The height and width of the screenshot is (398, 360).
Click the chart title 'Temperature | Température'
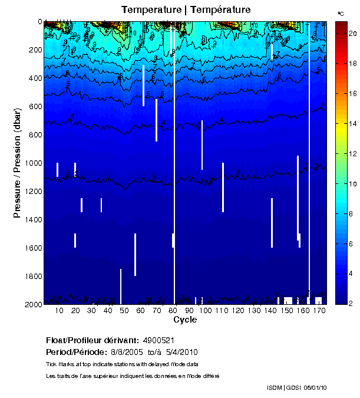[186, 10]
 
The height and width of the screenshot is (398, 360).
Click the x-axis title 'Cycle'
[185, 320]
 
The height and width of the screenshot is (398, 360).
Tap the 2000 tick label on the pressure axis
[31, 304]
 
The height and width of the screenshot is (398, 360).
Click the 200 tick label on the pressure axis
[34, 50]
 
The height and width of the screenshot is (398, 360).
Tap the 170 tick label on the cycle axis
[319, 311]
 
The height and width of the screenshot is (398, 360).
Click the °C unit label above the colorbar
[341, 12]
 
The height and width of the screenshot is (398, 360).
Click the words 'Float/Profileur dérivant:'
[91, 341]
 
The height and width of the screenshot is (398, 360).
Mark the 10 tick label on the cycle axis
[59, 311]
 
